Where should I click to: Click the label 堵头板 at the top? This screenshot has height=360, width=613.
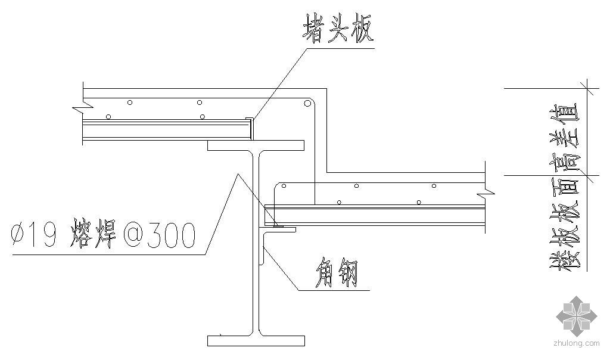(x=338, y=28)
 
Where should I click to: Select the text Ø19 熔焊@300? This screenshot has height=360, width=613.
(x=103, y=235)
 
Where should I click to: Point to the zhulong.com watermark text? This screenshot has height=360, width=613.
(x=576, y=343)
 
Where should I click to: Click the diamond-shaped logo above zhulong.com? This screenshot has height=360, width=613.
(x=577, y=315)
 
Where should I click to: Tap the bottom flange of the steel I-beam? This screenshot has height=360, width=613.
(x=256, y=341)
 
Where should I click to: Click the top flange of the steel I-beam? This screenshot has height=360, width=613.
(x=256, y=145)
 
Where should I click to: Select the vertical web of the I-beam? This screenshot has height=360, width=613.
(x=256, y=243)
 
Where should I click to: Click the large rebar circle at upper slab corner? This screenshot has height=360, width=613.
(x=307, y=104)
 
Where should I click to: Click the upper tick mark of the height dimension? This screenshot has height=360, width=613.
(x=587, y=89)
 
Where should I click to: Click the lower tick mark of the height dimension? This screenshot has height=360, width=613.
(x=587, y=175)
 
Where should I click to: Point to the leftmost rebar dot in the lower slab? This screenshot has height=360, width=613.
(x=284, y=186)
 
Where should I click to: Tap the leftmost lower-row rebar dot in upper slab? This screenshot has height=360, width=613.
(x=108, y=117)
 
